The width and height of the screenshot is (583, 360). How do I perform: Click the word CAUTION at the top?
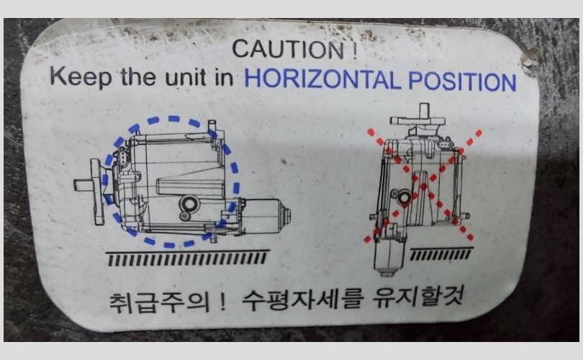tap(288, 49)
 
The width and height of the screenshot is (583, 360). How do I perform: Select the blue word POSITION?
tap(462, 81)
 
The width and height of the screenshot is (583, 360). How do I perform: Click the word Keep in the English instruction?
tap(81, 76)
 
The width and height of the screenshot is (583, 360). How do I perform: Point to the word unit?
tap(185, 77)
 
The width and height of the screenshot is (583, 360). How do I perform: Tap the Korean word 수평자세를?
tap(302, 300)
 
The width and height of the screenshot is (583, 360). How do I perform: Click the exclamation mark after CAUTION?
tap(354, 50)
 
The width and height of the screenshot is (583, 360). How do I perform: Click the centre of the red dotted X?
tap(424, 186)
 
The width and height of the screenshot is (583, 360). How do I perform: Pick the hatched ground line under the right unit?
tap(441, 253)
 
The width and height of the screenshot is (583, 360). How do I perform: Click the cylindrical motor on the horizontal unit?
tap(266, 216)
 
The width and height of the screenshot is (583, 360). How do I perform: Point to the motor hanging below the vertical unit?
tap(389, 256)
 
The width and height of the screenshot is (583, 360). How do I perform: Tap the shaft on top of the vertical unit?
tap(424, 111)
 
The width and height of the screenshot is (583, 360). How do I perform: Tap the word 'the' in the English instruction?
tap(138, 76)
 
